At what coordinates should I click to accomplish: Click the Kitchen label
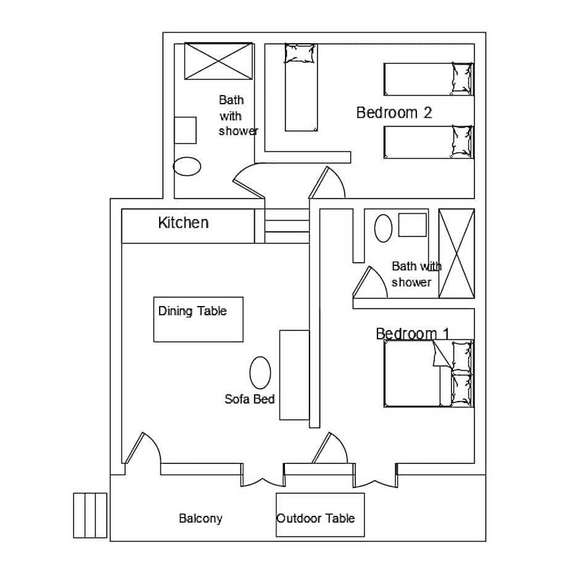point(183,223)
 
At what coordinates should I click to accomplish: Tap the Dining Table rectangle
point(198,319)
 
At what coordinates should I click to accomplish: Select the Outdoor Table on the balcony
point(319,515)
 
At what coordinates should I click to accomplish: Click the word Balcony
point(200,518)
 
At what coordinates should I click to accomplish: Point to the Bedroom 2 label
point(393,113)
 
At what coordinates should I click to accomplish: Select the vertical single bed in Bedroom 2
point(301,88)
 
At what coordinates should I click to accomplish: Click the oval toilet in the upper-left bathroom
point(187,166)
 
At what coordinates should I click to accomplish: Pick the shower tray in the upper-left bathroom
point(219,61)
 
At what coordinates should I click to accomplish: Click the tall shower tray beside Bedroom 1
point(456,254)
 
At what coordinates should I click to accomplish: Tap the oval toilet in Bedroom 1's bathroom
point(383,228)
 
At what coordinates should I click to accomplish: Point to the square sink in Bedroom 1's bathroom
point(412,225)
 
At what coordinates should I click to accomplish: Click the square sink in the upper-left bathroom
point(185,130)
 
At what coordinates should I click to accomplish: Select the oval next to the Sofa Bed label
point(260,373)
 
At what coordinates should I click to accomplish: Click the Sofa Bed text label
point(249,399)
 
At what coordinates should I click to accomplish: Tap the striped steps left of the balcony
point(90,515)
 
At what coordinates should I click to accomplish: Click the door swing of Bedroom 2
point(327,183)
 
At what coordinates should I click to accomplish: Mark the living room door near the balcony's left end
point(142,449)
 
